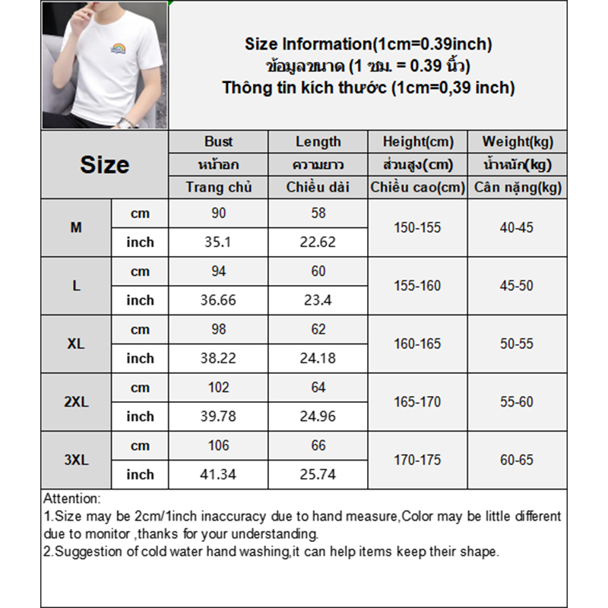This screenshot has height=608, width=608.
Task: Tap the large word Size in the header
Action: [105, 165]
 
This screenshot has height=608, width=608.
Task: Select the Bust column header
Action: [219, 141]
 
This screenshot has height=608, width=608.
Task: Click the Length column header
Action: [318, 141]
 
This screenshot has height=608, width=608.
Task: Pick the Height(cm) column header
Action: [418, 141]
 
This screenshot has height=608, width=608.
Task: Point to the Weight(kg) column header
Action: [518, 141]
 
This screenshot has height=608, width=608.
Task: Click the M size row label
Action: [76, 227]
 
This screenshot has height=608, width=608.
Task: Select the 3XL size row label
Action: [76, 460]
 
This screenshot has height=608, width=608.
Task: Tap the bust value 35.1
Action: [219, 242]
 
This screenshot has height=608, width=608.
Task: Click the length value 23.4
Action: [318, 300]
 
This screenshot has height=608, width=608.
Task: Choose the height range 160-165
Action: [417, 344]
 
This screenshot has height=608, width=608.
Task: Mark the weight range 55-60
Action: [518, 401]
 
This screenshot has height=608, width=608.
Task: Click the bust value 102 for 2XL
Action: [219, 387]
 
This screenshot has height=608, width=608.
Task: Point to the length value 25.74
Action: [318, 474]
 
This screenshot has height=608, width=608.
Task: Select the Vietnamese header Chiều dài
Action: [318, 187]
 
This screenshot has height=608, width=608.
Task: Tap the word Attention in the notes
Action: [71, 499]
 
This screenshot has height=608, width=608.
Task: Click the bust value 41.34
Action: [219, 474]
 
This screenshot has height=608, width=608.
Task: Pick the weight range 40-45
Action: [518, 227]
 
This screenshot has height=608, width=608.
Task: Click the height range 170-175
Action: [417, 460]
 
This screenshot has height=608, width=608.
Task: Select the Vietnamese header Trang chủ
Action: [219, 187]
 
